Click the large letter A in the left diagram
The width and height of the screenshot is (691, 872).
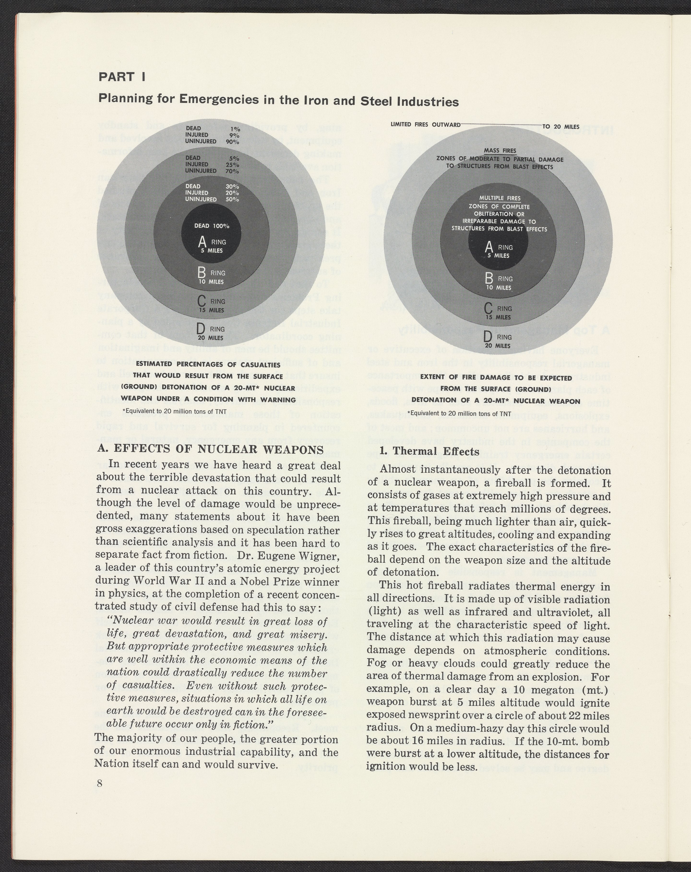pyautogui.click(x=203, y=243)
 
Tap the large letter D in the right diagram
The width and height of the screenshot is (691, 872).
pyautogui.click(x=488, y=337)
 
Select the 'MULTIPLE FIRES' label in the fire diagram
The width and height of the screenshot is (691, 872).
pyautogui.click(x=500, y=198)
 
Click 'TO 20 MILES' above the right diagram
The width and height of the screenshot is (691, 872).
pyautogui.click(x=560, y=126)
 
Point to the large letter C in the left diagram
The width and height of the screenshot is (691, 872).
pyautogui.click(x=202, y=301)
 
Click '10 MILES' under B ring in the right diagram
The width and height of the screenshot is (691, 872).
pyautogui.click(x=499, y=288)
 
